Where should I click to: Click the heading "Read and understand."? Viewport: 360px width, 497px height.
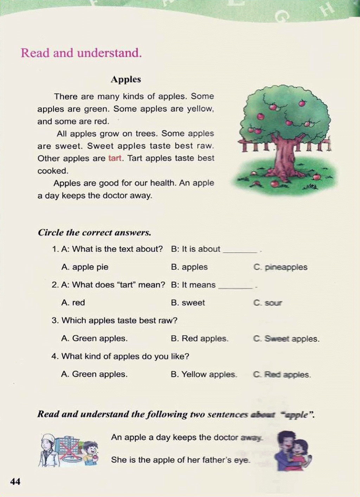pos(81,53)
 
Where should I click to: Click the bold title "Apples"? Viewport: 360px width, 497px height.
pos(126,79)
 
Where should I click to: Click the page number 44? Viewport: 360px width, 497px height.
pos(15,481)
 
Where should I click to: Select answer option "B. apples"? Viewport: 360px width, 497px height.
pos(189,267)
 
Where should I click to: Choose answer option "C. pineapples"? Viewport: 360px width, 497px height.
pos(280,267)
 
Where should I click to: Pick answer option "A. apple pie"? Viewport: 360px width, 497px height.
pos(85,267)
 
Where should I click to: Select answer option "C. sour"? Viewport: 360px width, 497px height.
pos(268,303)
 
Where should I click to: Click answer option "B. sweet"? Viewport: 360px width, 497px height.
pos(188,303)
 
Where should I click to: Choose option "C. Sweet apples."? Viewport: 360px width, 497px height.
pos(286,339)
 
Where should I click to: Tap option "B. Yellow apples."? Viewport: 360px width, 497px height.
pos(204,374)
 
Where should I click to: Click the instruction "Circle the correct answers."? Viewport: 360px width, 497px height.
pos(95,233)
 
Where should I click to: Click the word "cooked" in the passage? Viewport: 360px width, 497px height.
pos(52,171)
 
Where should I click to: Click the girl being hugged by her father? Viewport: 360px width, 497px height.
pos(301,451)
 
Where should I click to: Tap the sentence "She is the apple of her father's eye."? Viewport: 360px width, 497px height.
pos(181,460)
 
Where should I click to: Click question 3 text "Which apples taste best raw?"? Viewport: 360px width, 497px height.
pos(119,320)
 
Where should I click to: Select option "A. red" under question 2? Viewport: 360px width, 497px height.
pos(73,303)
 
